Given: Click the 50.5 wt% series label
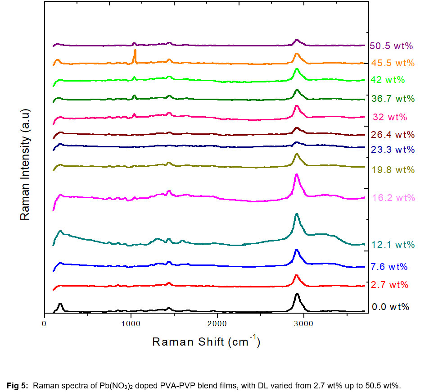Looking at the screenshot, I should tap(391, 46).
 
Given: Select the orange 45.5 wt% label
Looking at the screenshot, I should tap(392, 63).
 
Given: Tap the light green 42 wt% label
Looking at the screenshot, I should tap(388, 80).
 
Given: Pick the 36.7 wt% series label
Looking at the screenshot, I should tap(393, 98).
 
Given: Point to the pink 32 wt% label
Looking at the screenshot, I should tap(390, 118).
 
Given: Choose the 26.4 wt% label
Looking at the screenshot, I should tap(393, 135).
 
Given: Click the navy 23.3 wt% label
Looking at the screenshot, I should tap(393, 150).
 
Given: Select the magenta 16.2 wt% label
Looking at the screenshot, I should tap(393, 198).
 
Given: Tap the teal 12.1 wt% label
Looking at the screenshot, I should tap(393, 245).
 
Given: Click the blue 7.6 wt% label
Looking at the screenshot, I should tap(389, 267).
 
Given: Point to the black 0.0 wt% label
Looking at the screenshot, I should tap(390, 307).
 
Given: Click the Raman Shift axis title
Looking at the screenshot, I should tap(206, 342).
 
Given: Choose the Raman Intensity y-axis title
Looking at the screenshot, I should tap(25, 164).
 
